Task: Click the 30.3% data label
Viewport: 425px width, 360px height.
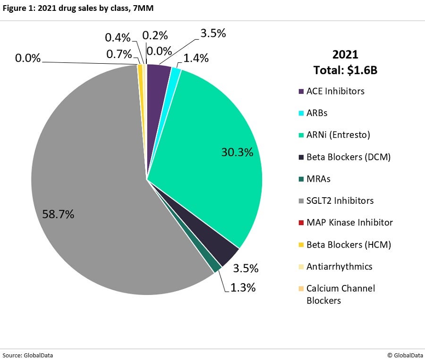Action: tap(237, 152)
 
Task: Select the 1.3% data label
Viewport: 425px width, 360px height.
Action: tap(243, 287)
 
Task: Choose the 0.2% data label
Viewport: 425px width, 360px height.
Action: tap(155, 35)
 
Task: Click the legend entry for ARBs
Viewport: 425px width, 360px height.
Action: tap(316, 113)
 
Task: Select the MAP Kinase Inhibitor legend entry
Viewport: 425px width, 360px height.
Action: tap(349, 222)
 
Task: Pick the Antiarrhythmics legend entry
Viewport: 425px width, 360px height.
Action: tap(339, 266)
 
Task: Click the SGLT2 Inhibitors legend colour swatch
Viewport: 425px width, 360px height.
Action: tap(301, 201)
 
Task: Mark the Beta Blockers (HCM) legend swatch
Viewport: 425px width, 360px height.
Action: tap(301, 245)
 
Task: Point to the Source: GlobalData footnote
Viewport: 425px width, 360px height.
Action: tap(27, 355)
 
